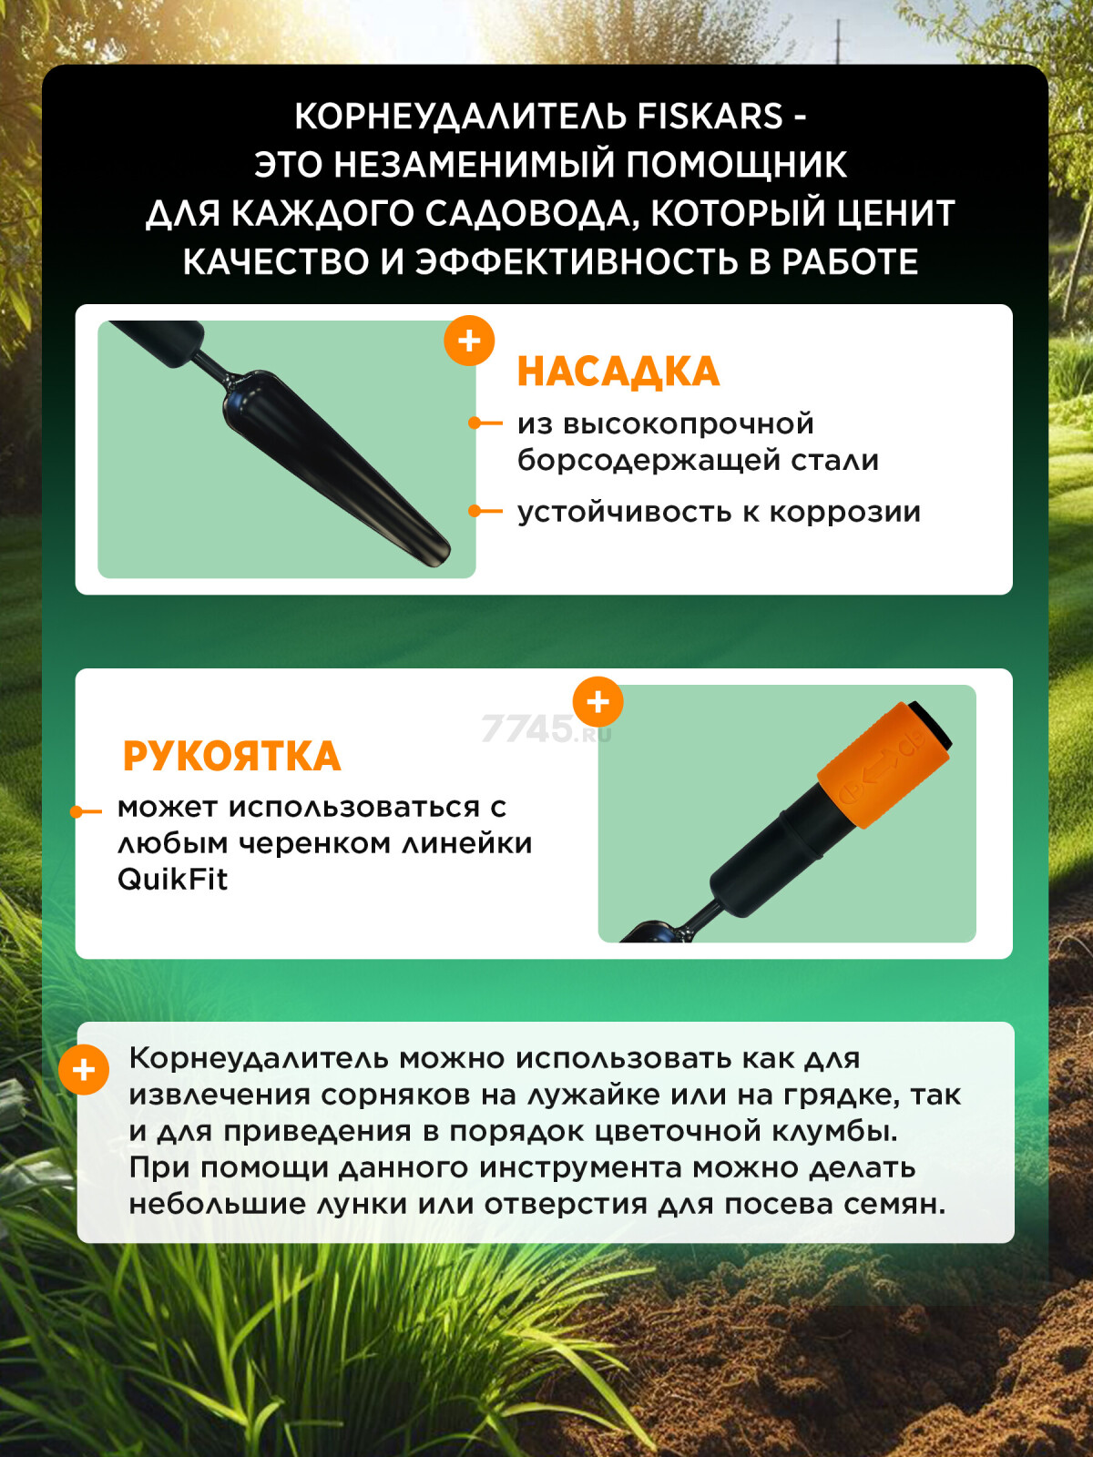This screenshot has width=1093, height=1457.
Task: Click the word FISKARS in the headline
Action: (710, 117)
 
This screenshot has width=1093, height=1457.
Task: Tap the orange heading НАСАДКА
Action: (618, 372)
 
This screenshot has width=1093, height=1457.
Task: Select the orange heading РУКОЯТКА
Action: (232, 756)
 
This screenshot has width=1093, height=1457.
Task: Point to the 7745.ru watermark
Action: (546, 728)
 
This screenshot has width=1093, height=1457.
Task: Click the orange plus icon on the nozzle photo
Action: (469, 341)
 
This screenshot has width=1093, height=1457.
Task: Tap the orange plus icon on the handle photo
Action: (598, 702)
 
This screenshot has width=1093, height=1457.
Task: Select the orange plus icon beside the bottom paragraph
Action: (84, 1070)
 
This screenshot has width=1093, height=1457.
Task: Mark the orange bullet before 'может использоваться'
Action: (86, 811)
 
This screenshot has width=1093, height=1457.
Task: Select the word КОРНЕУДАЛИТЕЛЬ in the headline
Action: (461, 117)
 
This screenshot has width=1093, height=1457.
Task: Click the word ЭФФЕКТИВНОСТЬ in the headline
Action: (577, 261)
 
